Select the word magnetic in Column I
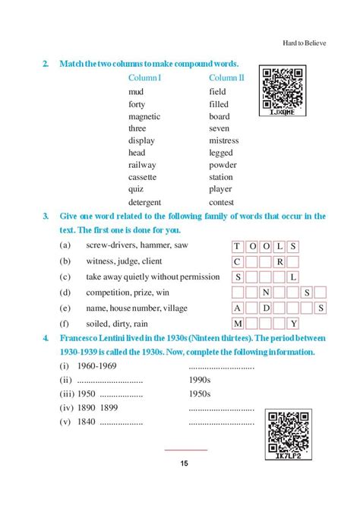tap(144, 116)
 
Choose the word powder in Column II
tap(223, 165)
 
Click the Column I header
tap(149, 77)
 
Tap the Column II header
tap(226, 77)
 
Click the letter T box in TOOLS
tap(237, 246)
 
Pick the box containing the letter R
tap(279, 261)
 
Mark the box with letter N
tap(266, 292)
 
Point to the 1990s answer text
tap(201, 380)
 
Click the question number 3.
tap(46, 217)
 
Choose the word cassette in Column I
tap(143, 177)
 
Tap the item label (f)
tap(65, 324)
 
